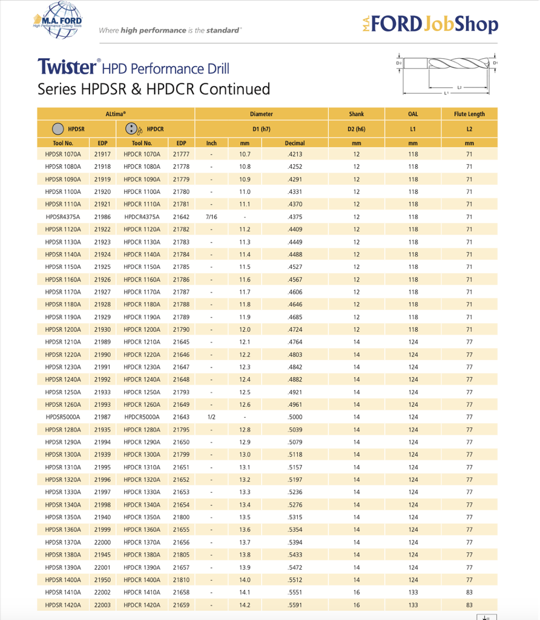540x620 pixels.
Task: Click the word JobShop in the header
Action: (461, 24)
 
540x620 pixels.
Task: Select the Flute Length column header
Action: (469, 114)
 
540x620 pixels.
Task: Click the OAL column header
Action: (413, 114)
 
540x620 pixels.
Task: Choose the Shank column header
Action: (357, 114)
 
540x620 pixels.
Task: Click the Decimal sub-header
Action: (295, 143)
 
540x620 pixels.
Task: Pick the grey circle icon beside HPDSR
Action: (58, 129)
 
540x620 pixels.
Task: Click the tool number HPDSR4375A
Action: (63, 217)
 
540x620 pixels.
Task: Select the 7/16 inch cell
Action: (211, 217)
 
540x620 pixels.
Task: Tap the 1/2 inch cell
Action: (211, 417)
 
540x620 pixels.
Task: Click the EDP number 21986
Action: (102, 217)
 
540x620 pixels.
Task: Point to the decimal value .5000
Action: (295, 417)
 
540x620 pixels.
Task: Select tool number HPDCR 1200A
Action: (142, 329)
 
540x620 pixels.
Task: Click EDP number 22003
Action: (102, 605)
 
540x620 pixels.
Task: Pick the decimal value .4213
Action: (295, 154)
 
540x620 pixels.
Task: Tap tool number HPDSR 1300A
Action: (63, 455)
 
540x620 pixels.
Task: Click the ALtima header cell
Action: (116, 114)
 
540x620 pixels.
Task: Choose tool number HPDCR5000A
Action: (142, 417)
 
